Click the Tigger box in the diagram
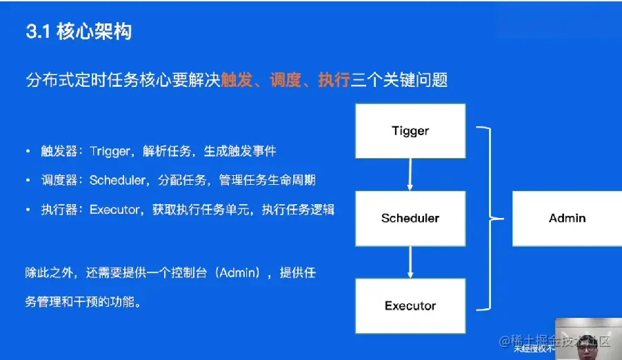pyautogui.click(x=410, y=131)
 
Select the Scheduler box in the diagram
pyautogui.click(x=410, y=219)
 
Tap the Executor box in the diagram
pyautogui.click(x=410, y=306)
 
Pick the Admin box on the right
pyautogui.click(x=567, y=218)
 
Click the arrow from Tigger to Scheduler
pyautogui.click(x=410, y=174)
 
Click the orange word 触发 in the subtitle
pyautogui.click(x=235, y=80)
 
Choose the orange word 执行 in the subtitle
pyautogui.click(x=333, y=80)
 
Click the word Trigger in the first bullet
pyautogui.click(x=109, y=151)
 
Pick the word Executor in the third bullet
pyautogui.click(x=114, y=210)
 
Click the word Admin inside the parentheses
pyautogui.click(x=239, y=272)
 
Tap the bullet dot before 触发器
pyautogui.click(x=28, y=151)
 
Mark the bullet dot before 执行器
pyautogui.click(x=28, y=210)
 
